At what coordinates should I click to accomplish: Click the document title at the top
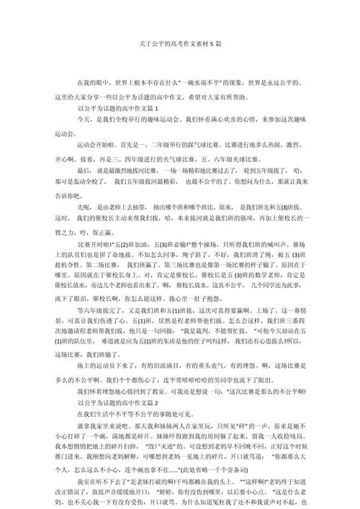click(x=180, y=44)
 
